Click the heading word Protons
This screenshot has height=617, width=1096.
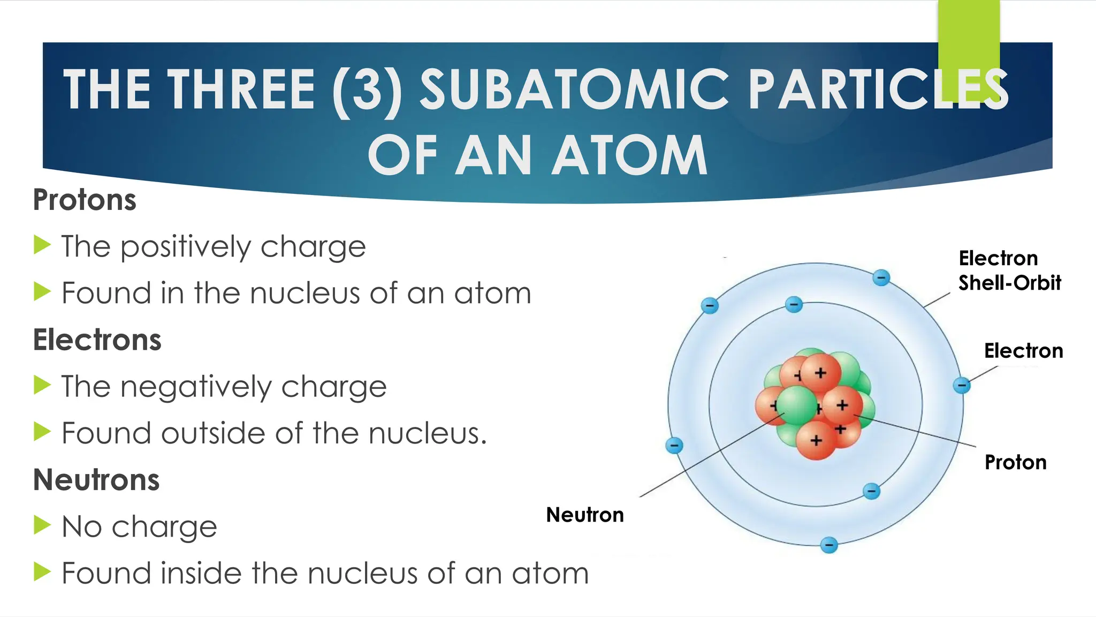85,200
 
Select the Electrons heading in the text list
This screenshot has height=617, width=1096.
97,340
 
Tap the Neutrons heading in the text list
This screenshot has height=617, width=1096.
96,480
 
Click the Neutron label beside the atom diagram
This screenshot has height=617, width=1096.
584,515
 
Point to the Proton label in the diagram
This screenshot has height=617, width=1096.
1015,462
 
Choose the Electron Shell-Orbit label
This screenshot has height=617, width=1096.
1009,270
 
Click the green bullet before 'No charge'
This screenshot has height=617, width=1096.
42,525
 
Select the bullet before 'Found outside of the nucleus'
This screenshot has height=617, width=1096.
42,432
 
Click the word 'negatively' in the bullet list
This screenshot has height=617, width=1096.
196,387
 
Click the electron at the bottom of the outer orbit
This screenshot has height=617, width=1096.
829,545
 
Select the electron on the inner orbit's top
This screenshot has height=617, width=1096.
794,305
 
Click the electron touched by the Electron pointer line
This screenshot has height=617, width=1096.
962,385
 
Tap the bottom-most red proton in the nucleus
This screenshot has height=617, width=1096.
816,440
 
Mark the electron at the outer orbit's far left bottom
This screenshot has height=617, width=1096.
674,445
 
